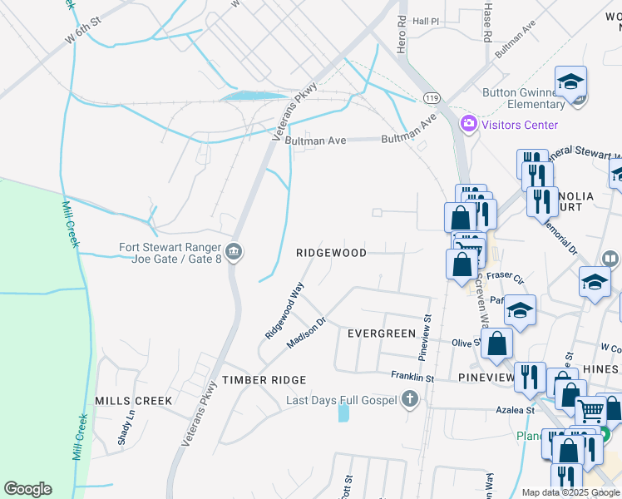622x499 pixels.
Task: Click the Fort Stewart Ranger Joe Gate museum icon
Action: coord(234,251)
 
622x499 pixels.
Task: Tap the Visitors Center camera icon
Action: coord(469,125)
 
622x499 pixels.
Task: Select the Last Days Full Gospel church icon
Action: coord(409,400)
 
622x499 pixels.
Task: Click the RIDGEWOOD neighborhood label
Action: coord(332,253)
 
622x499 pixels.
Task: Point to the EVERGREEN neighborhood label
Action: coord(381,333)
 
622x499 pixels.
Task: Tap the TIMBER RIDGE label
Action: coord(264,379)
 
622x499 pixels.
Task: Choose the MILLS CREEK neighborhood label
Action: coord(134,400)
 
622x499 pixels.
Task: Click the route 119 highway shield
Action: coord(431,97)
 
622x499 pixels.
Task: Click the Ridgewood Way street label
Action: coord(284,309)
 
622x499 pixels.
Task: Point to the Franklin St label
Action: coord(413,378)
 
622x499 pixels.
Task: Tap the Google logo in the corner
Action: coord(27,489)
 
